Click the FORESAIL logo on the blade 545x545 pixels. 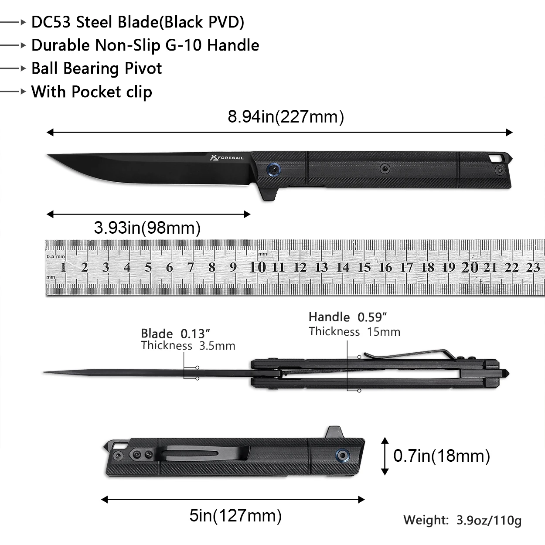tap(227, 157)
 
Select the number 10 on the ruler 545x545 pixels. tap(257, 267)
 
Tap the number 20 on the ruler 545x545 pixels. tap(470, 267)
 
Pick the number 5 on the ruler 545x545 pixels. tap(148, 267)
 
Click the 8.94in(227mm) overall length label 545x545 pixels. tap(286, 116)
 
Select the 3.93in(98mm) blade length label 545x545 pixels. tap(147, 228)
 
